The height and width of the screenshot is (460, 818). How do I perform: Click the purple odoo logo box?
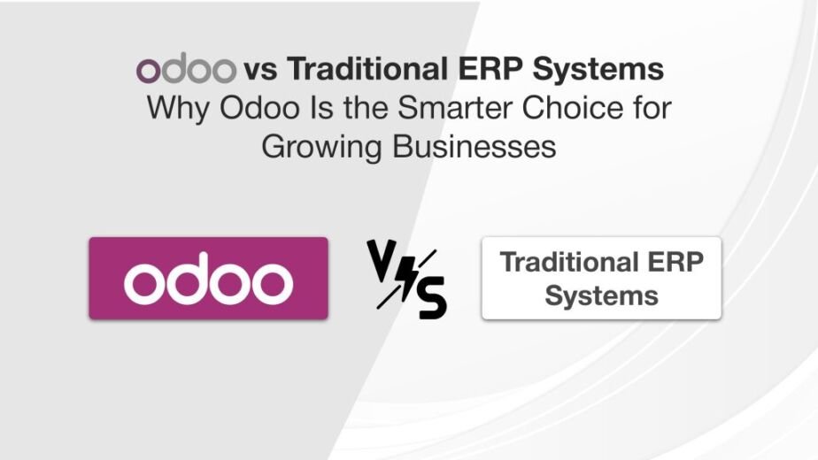(208, 278)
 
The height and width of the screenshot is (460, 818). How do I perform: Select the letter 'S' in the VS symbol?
(431, 297)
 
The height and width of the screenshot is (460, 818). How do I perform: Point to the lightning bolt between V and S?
(406, 278)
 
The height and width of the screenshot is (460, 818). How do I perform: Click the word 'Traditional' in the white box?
(568, 263)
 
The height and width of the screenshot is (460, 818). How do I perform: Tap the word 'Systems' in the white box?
(601, 295)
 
